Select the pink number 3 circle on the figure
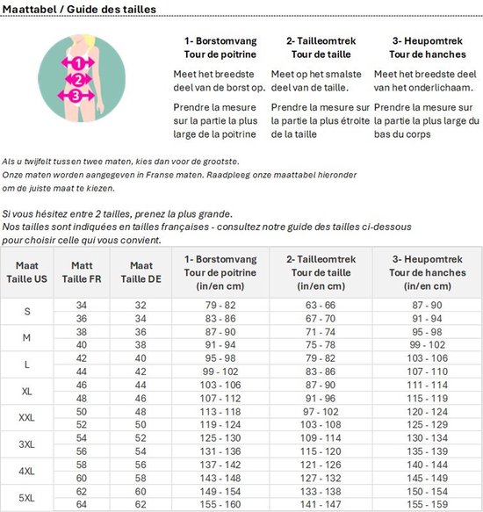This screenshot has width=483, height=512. [x=76, y=95]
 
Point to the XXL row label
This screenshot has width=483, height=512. [x=26, y=418]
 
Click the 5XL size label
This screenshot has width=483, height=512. [x=26, y=499]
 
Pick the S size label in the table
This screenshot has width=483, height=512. [x=26, y=311]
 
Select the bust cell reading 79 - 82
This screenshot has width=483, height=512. [x=219, y=304]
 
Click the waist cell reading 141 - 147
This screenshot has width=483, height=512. [x=321, y=505]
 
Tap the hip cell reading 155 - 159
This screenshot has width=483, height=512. [x=426, y=505]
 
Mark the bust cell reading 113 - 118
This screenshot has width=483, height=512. [x=219, y=411]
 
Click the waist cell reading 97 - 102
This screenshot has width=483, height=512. [x=321, y=411]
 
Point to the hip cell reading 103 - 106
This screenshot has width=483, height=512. [x=426, y=357]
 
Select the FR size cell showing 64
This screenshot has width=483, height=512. [x=81, y=505]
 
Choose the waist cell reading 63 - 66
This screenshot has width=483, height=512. [x=321, y=304]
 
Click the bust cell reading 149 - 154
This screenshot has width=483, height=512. [x=219, y=492]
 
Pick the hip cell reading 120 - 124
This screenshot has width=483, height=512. [x=426, y=411]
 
